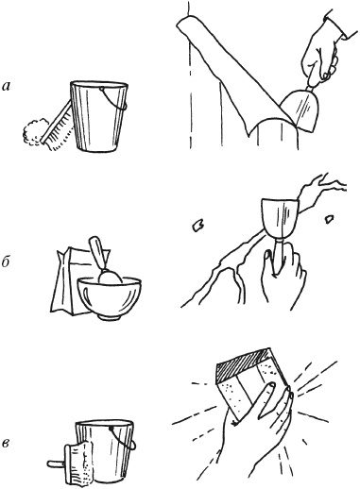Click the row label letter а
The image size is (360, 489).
(7, 86)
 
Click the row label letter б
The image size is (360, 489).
(7, 262)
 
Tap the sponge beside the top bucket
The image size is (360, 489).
(33, 133)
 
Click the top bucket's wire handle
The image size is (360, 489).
(114, 99)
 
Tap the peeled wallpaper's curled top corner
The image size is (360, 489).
(182, 25)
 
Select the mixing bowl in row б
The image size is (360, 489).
(110, 297)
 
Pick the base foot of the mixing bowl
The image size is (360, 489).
(110, 316)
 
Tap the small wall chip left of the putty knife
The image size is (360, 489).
(198, 226)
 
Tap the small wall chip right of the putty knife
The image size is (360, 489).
(329, 219)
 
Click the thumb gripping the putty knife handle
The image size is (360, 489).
(269, 262)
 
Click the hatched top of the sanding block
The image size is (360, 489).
(244, 365)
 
